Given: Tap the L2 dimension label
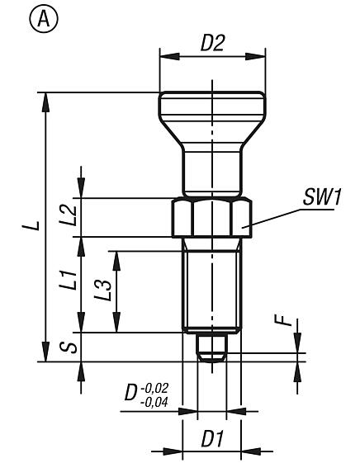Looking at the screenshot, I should point(69,217).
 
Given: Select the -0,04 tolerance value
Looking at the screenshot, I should point(155,401).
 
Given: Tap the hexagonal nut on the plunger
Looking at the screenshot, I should point(212,218).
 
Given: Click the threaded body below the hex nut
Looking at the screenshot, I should point(212,285).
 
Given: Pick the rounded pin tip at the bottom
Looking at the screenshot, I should point(213,348).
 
